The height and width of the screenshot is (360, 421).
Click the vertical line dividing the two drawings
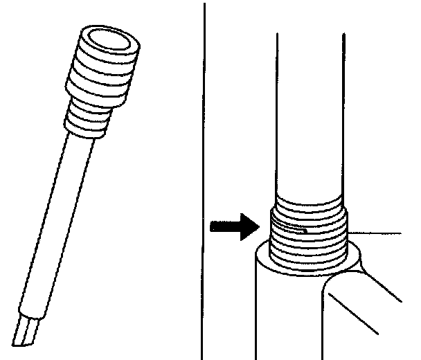click(x=204, y=173)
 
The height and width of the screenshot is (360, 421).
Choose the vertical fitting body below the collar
click(x=284, y=318)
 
